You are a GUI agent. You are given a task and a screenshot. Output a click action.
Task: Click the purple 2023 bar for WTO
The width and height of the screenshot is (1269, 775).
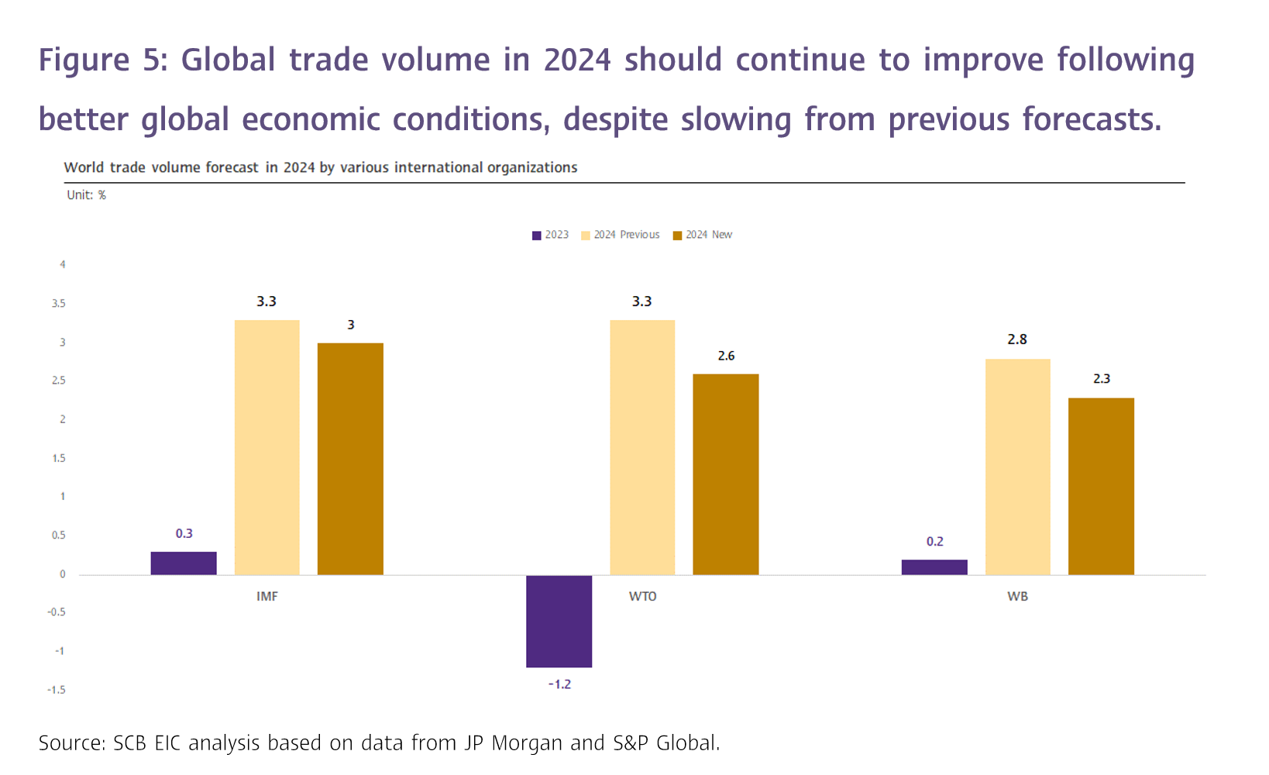point(559,621)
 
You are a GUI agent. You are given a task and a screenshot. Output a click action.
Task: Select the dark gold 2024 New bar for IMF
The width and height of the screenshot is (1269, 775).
point(350,459)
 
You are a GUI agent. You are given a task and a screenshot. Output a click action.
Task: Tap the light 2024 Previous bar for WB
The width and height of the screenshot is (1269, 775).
point(1017,467)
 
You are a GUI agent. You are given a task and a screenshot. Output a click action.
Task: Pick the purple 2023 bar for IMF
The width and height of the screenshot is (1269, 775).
point(184,563)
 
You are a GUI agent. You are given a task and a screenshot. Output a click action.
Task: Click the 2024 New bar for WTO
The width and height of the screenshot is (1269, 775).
point(725,474)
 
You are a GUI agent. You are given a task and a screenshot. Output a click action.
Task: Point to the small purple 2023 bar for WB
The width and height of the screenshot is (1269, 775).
point(934,567)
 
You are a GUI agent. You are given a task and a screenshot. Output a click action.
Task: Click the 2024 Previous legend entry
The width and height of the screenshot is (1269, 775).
point(621,235)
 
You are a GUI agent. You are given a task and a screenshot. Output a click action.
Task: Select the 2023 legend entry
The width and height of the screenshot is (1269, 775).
point(550,235)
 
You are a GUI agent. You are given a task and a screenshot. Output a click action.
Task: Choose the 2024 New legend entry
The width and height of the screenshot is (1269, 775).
point(703,235)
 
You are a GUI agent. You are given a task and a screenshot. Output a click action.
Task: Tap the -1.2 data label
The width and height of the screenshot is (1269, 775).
point(559,684)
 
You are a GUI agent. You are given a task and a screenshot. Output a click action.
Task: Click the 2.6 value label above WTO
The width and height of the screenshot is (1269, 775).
point(726,356)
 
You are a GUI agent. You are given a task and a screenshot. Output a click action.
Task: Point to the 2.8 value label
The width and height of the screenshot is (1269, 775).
point(1017,339)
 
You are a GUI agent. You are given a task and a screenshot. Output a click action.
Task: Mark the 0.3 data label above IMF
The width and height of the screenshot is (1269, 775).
point(184,533)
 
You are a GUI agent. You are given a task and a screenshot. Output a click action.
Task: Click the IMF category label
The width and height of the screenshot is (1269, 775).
point(267,596)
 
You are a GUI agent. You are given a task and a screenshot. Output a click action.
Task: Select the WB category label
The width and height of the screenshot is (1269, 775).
point(1017,596)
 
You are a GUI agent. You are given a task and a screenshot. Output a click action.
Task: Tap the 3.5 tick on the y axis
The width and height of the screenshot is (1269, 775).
point(59,304)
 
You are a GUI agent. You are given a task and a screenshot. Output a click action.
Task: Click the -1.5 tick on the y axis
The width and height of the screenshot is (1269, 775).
point(56,690)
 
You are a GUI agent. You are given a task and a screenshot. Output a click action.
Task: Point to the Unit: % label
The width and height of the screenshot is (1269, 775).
point(86,195)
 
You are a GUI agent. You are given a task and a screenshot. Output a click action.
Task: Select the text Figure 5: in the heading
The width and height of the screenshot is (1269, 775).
point(103,60)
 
